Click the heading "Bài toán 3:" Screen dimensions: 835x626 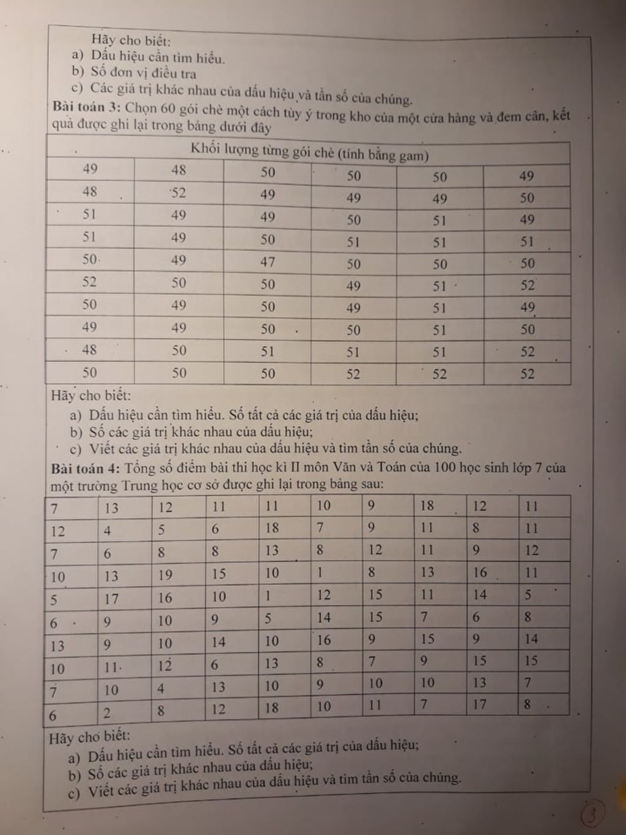coord(86,107)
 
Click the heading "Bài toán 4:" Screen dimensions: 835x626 coord(86,469)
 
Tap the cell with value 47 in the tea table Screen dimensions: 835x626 coord(268,262)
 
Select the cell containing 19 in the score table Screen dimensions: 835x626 coord(165,575)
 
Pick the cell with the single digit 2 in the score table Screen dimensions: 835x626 coord(107,713)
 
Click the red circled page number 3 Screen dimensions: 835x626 coord(592,814)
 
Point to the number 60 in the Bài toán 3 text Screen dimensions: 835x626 coord(168,109)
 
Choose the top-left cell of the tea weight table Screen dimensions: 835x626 coord(90,169)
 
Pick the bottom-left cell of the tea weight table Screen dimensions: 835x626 coord(90,373)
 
